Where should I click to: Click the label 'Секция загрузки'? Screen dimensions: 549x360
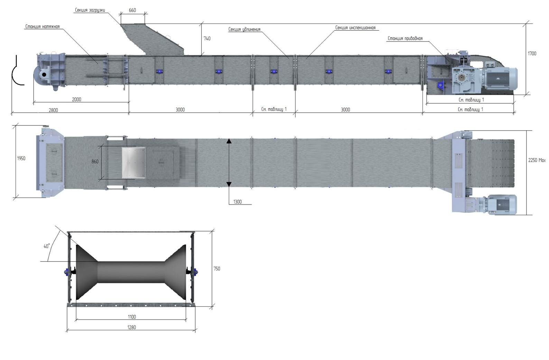pyautogui.click(x=90, y=10)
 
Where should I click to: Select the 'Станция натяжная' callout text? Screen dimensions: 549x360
pyautogui.click(x=43, y=27)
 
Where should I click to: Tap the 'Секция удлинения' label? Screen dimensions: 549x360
pyautogui.click(x=244, y=29)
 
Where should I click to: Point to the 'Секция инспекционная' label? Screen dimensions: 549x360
pyautogui.click(x=355, y=28)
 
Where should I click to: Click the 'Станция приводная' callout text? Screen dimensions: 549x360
pyautogui.click(x=405, y=38)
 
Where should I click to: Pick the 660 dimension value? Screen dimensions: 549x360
pyautogui.click(x=132, y=10)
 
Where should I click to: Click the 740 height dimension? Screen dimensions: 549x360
pyautogui.click(x=207, y=39)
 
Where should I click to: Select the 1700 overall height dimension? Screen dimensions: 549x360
pyautogui.click(x=532, y=54)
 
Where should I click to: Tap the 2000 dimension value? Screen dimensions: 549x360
pyautogui.click(x=76, y=100)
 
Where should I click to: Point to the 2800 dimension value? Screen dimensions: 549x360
pyautogui.click(x=53, y=110)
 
